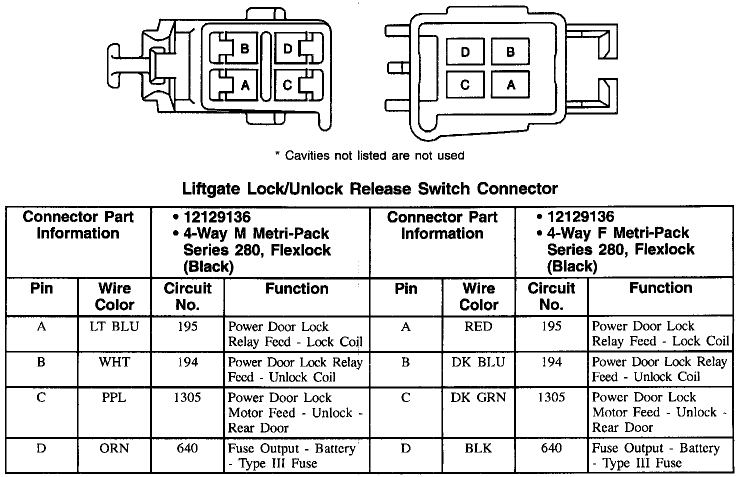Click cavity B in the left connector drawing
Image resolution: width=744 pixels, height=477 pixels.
coord(244,48)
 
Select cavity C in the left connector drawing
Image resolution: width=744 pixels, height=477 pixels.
coord(287,85)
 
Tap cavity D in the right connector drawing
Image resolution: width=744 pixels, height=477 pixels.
coord(465,52)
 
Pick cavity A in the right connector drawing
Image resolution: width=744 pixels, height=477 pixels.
coord(510,84)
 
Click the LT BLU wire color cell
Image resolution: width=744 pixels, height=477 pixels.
coord(114,326)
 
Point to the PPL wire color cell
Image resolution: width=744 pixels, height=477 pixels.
coord(114,397)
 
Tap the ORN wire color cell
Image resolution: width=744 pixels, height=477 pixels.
coord(114,448)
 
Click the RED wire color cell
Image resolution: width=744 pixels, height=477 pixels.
coord(478,326)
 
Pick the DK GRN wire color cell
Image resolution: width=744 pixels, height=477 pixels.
coord(478,397)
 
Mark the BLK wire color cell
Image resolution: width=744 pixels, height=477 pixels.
coord(478,448)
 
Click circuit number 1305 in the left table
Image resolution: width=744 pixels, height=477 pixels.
coord(187,397)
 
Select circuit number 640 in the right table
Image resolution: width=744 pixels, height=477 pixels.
coord(551,448)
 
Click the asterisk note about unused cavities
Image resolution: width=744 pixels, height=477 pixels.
coord(370,155)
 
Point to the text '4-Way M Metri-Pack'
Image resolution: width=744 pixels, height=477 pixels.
coord(256,233)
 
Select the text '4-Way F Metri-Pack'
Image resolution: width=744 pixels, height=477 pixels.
coord(618,233)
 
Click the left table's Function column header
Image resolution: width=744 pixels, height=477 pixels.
coord(296,288)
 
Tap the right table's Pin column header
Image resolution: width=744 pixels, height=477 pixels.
coord(405,288)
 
